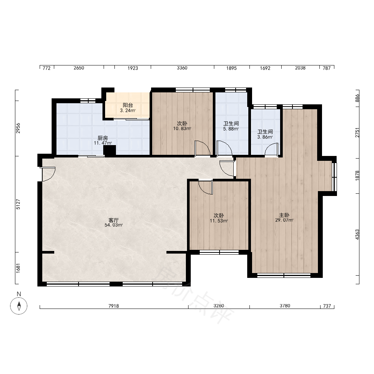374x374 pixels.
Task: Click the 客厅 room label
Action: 114,220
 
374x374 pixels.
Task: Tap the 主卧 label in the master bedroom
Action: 284,215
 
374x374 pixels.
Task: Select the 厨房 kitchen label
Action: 103,138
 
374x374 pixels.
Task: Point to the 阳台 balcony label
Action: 128,105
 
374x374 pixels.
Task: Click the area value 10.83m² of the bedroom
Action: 182,129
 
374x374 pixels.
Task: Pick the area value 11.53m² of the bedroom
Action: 219,221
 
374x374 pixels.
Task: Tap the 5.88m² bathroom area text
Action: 231,129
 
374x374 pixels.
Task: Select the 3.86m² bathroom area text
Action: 265,137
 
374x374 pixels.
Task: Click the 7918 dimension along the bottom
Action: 114,306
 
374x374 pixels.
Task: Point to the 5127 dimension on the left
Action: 18,205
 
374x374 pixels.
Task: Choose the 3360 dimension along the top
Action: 182,68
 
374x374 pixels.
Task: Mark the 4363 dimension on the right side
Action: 357,235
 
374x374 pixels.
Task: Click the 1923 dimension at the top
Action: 133,68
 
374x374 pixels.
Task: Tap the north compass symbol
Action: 19,306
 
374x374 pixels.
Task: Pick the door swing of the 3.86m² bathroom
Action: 272,149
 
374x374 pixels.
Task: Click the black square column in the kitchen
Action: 110,151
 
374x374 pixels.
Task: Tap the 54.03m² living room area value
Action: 114,225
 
